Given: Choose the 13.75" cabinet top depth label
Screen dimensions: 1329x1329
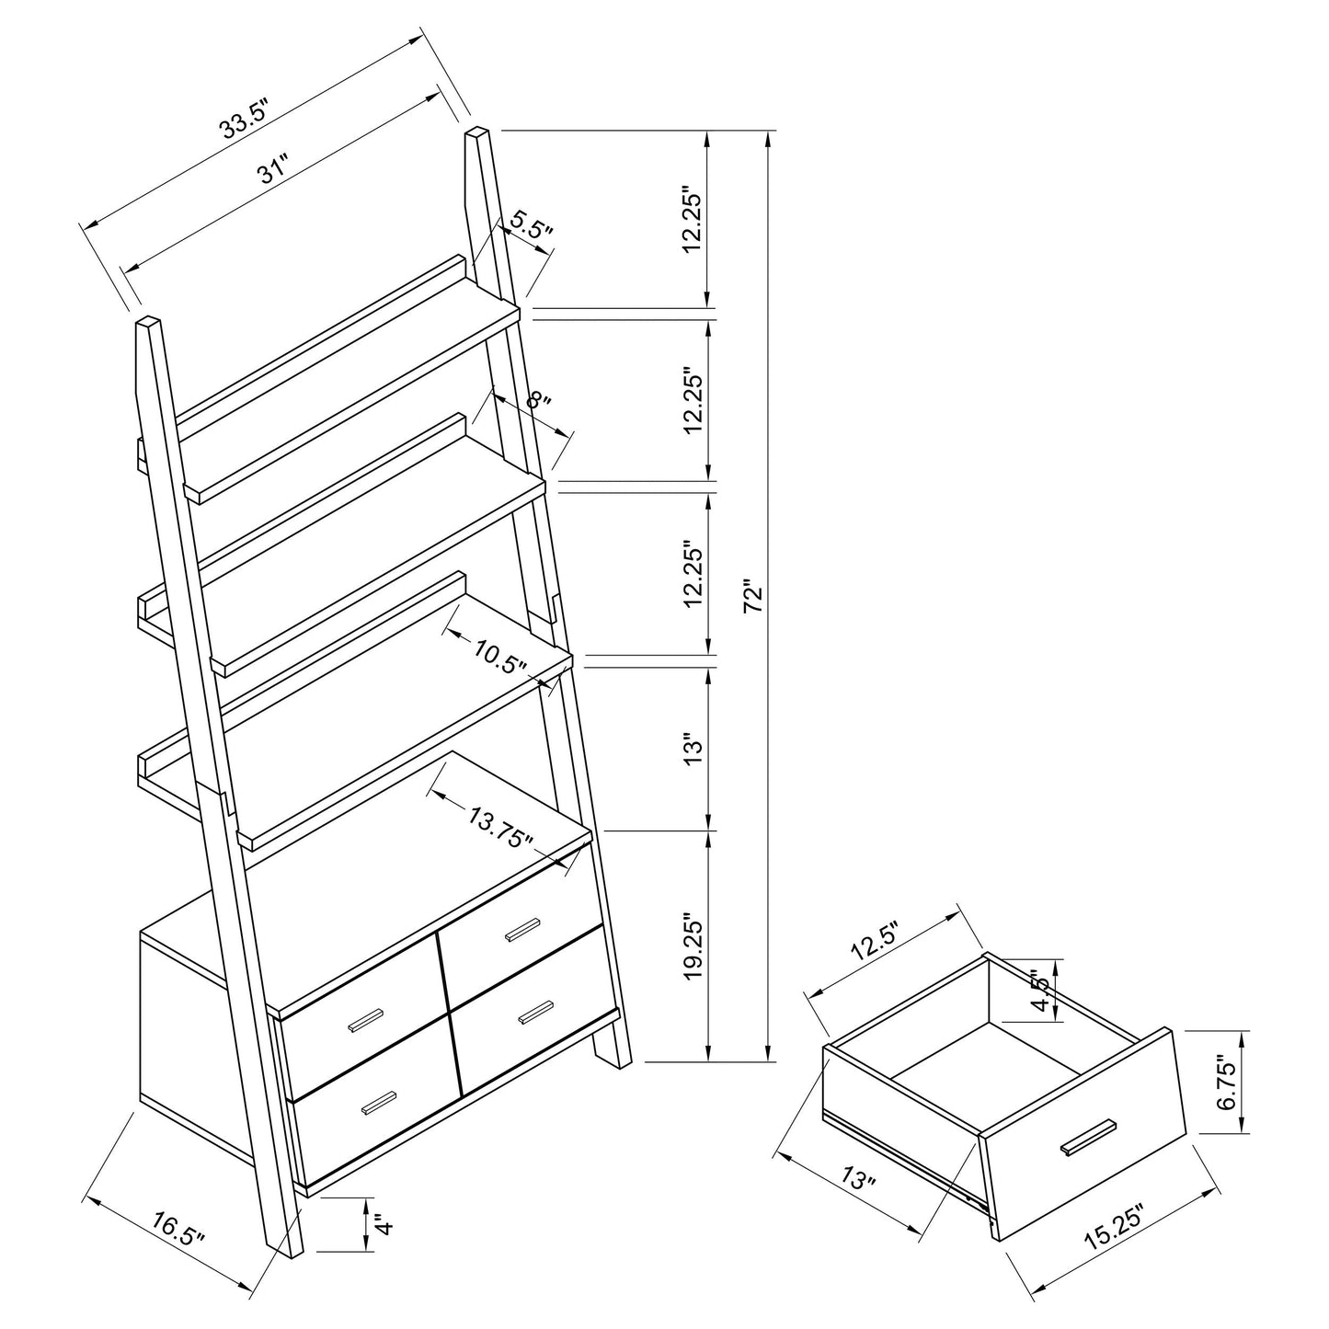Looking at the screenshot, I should pos(500,825).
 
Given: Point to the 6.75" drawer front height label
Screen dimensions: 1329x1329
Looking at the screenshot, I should pos(1225,1083).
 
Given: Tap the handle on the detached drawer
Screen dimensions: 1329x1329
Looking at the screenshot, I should pos(1087,1136).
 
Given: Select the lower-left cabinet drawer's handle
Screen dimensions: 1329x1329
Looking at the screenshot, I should pos(379,1103).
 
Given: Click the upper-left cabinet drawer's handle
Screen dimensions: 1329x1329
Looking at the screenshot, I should pos(365,1019).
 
